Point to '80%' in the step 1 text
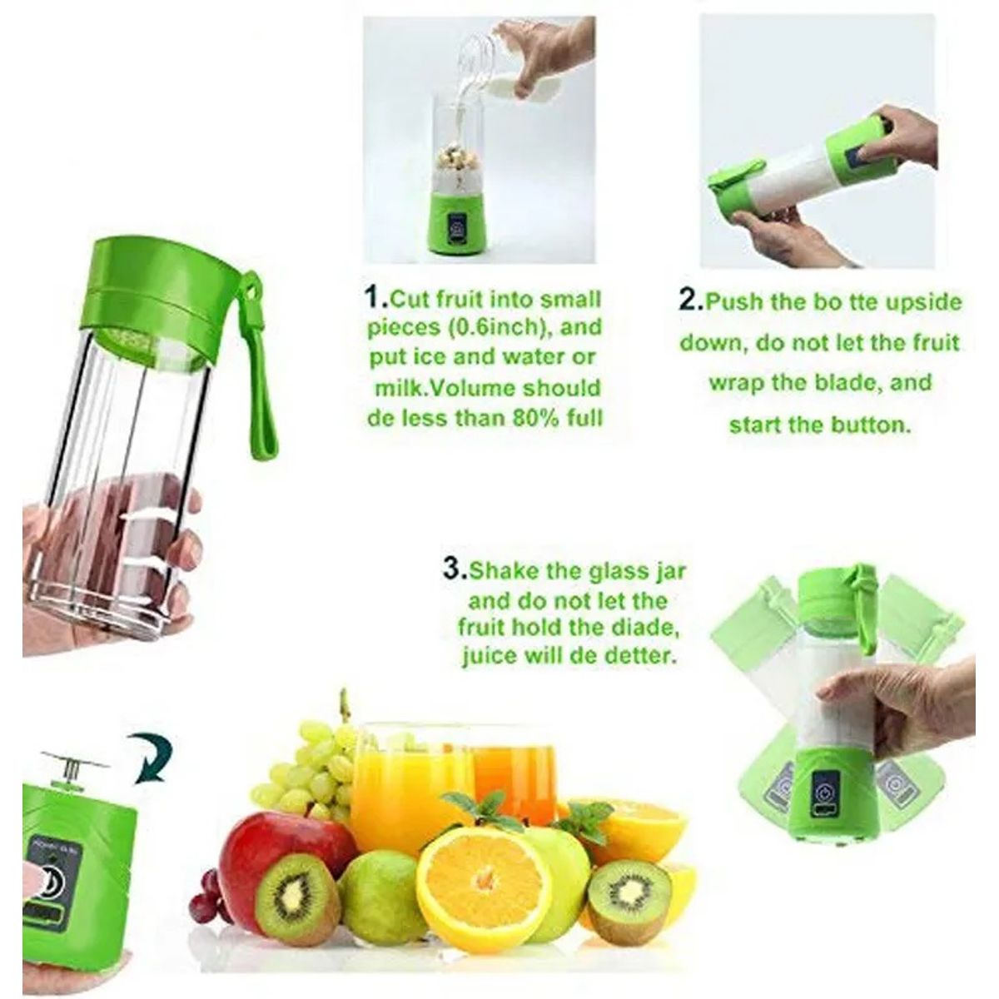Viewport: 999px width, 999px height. tap(537, 417)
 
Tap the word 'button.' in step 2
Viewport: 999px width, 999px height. tap(871, 425)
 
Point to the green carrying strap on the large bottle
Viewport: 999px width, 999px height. tap(257, 368)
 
